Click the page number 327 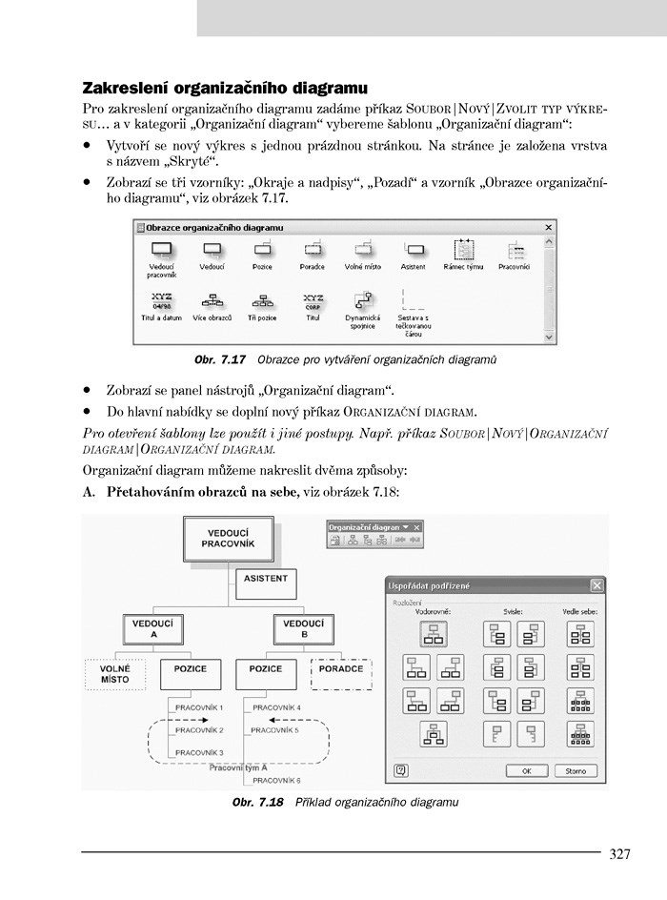click(619, 854)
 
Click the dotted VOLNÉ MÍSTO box click(114, 674)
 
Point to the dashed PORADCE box click(340, 669)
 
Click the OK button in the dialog click(526, 770)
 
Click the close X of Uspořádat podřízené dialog click(596, 585)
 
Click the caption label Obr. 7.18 click(259, 803)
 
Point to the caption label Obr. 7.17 click(220, 360)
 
